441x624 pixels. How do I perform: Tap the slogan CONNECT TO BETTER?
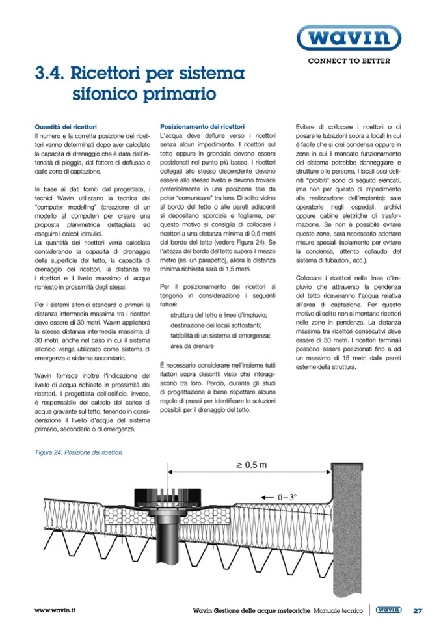[349, 61]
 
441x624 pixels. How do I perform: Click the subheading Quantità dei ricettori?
[65, 126]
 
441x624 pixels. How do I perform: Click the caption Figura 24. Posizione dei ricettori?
[79, 452]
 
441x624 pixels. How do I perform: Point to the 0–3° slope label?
[286, 497]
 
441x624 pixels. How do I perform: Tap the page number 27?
[418, 610]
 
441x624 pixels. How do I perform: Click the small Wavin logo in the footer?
[389, 610]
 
